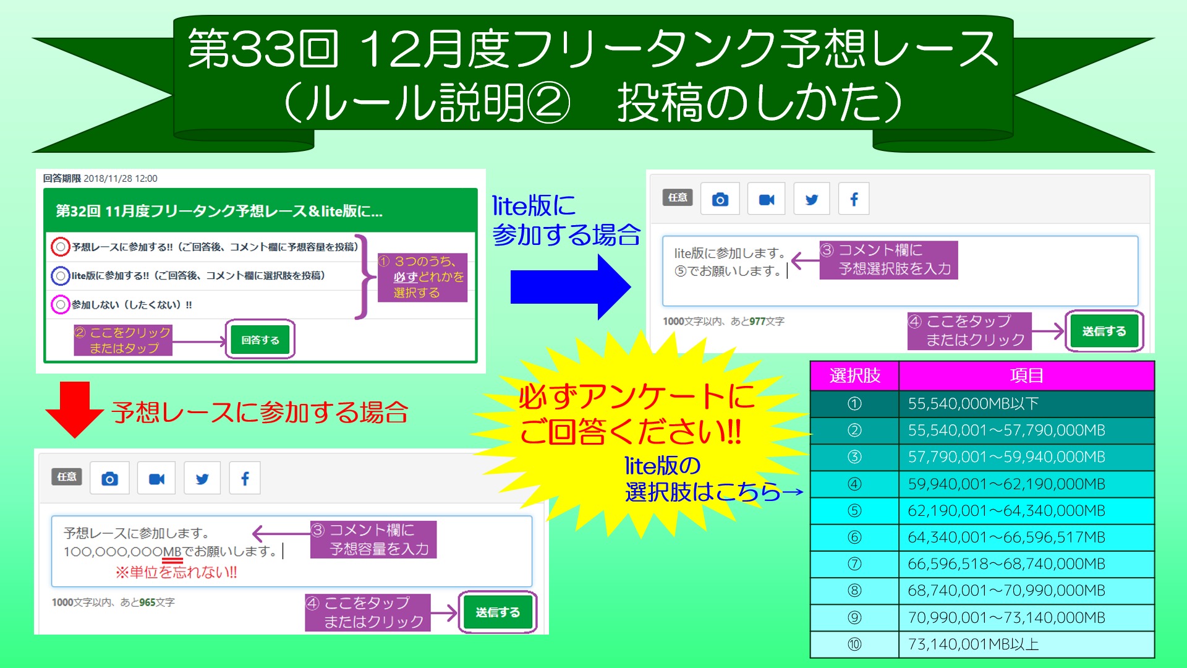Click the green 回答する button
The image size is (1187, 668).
click(x=260, y=340)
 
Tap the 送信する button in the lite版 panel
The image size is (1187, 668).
click(x=1104, y=331)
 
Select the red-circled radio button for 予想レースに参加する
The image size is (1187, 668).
click(x=60, y=247)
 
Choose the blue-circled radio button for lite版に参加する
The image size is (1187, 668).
click(x=60, y=276)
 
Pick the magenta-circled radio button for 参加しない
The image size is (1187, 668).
click(x=60, y=305)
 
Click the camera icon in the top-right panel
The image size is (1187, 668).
click(x=720, y=199)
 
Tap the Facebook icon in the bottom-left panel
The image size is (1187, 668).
click(x=245, y=478)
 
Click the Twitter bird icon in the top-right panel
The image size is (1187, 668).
click(x=812, y=199)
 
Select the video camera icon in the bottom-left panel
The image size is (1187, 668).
click(x=156, y=479)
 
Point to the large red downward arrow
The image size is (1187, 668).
click(x=75, y=409)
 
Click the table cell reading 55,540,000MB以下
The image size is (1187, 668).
click(x=1026, y=404)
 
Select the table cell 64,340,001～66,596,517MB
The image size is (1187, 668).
click(x=1026, y=537)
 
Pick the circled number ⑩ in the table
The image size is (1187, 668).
click(x=854, y=644)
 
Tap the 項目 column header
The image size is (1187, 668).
click(x=1026, y=375)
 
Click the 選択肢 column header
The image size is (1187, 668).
click(x=855, y=375)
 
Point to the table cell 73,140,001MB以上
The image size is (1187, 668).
click(x=1026, y=644)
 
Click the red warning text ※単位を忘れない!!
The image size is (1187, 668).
click(x=176, y=572)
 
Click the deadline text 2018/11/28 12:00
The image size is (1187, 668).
click(x=121, y=178)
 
